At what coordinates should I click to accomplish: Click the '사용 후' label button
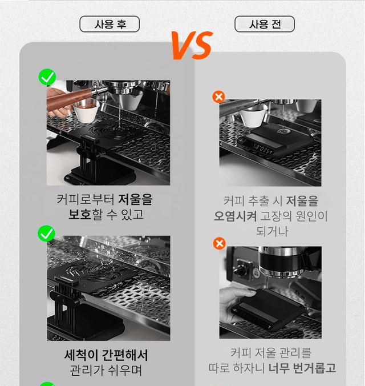(x=109, y=24)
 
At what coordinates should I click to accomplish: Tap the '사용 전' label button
(x=265, y=24)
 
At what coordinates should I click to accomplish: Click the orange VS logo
(x=192, y=45)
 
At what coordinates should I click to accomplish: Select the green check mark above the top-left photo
(x=47, y=77)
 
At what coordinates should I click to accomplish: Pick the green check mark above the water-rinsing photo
(x=46, y=234)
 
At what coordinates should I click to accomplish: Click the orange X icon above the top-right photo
(x=218, y=96)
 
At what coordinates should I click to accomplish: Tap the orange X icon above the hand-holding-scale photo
(x=220, y=244)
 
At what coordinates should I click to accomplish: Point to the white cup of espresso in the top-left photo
(x=86, y=111)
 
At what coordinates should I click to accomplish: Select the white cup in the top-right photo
(x=253, y=117)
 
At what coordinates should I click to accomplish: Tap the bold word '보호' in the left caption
(x=80, y=215)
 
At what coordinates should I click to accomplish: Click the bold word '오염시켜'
(x=236, y=216)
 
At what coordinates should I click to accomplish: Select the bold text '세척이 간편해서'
(x=106, y=355)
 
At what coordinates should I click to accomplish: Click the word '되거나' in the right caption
(x=272, y=231)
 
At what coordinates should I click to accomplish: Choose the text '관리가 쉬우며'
(x=106, y=370)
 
